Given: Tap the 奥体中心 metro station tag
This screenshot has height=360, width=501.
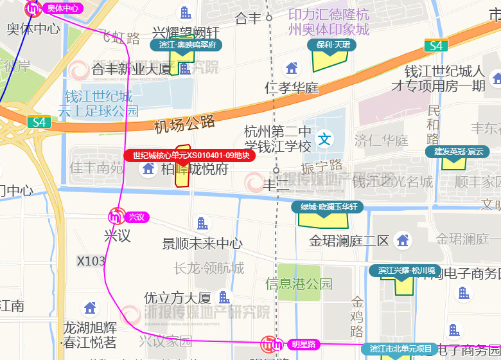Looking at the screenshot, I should [x=62, y=8].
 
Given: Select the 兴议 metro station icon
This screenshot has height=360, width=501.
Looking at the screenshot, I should [x=117, y=217].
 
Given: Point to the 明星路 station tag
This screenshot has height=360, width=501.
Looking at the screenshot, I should [x=303, y=344].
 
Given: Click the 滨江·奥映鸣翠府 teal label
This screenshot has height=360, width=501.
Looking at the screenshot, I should [x=186, y=45].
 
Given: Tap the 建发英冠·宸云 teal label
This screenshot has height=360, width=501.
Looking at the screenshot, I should [x=458, y=152].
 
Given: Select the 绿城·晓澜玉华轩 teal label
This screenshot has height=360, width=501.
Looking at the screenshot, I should [x=328, y=207].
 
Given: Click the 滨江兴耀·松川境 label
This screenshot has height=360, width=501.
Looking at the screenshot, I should [x=406, y=271].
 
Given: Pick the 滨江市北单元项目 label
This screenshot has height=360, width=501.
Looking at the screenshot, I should [x=400, y=349].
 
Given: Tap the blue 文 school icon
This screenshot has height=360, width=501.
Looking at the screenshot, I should [x=326, y=139].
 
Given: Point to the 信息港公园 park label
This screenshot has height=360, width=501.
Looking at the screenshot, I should [x=299, y=283].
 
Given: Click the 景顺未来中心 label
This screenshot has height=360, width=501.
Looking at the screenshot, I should [x=202, y=243].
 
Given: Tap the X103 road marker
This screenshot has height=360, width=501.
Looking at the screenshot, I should [x=91, y=261].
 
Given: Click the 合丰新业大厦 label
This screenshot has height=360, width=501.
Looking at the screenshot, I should [x=132, y=69].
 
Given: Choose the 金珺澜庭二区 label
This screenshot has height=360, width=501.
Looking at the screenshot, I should [x=349, y=242].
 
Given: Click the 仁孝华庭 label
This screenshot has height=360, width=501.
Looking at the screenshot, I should [x=292, y=87].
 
